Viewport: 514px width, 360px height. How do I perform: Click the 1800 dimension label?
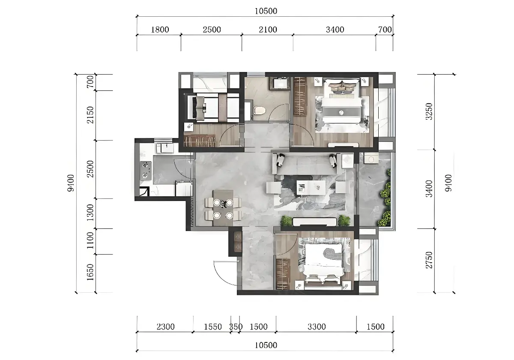pyautogui.click(x=160, y=30)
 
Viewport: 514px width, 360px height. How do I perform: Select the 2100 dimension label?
pyautogui.click(x=268, y=30)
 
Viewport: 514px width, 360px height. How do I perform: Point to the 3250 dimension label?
pyautogui.click(x=429, y=111)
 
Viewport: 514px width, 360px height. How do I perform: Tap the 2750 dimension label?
pyautogui.click(x=429, y=260)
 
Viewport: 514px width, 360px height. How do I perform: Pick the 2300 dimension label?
pyautogui.click(x=165, y=327)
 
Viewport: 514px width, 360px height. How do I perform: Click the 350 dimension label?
pyautogui.click(x=236, y=327)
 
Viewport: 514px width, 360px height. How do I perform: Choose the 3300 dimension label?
pyautogui.click(x=317, y=327)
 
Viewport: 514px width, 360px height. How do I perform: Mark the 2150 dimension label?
pyautogui.click(x=90, y=115)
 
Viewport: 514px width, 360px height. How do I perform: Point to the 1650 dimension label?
pyautogui.click(x=90, y=272)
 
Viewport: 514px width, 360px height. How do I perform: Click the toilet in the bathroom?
pyautogui.click(x=260, y=110)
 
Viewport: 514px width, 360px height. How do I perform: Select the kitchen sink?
pyautogui.click(x=165, y=148)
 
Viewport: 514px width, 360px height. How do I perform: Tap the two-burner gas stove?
pyautogui.click(x=146, y=171)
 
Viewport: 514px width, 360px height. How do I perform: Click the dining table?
pyautogui.click(x=223, y=208)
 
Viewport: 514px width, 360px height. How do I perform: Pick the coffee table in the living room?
pyautogui.click(x=311, y=188)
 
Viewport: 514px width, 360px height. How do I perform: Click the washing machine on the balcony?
pyautogui.click(x=371, y=158)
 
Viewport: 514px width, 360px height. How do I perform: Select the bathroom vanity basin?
pyautogui.click(x=280, y=83)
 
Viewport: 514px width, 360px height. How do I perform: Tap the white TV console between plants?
pyautogui.click(x=314, y=222)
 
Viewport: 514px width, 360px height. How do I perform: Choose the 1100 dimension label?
pyautogui.click(x=90, y=240)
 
